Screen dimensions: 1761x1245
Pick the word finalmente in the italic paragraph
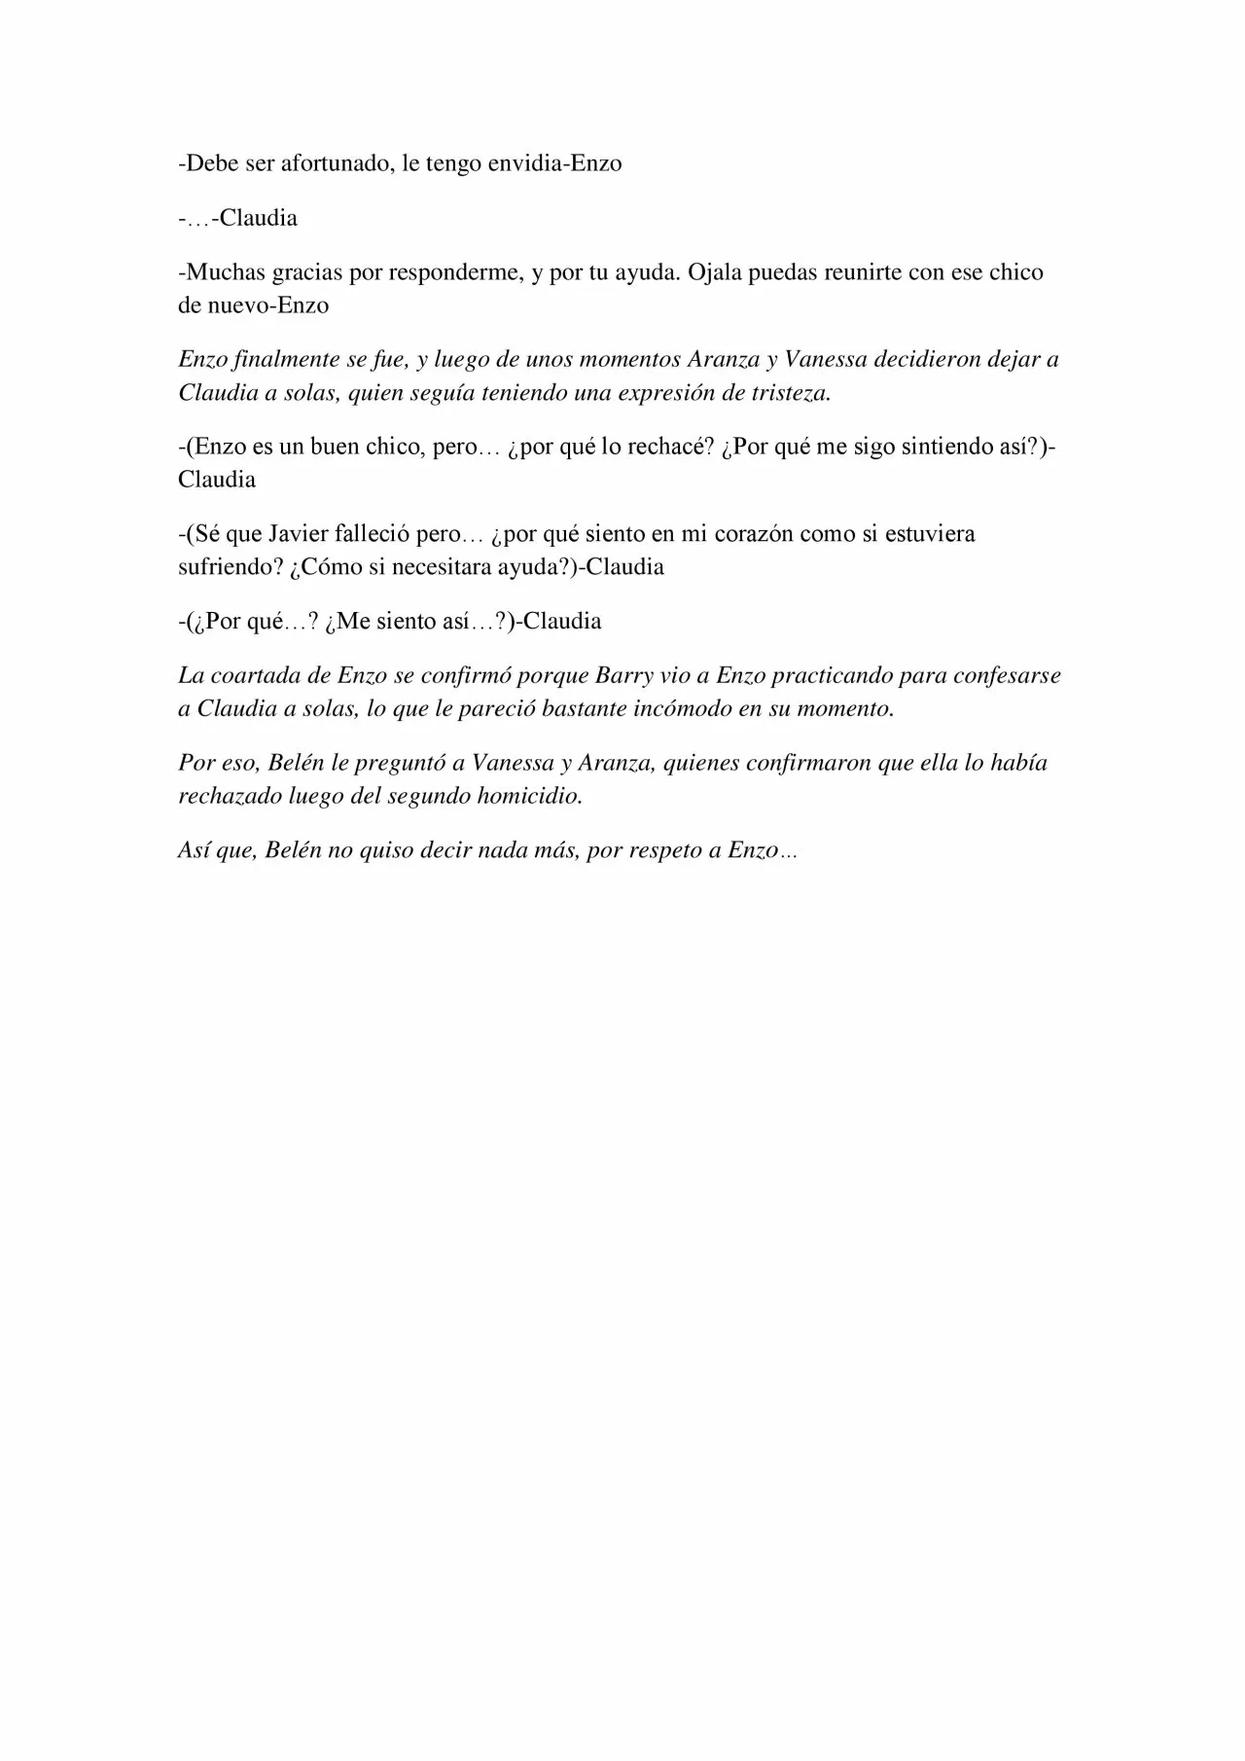[x=283, y=360]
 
